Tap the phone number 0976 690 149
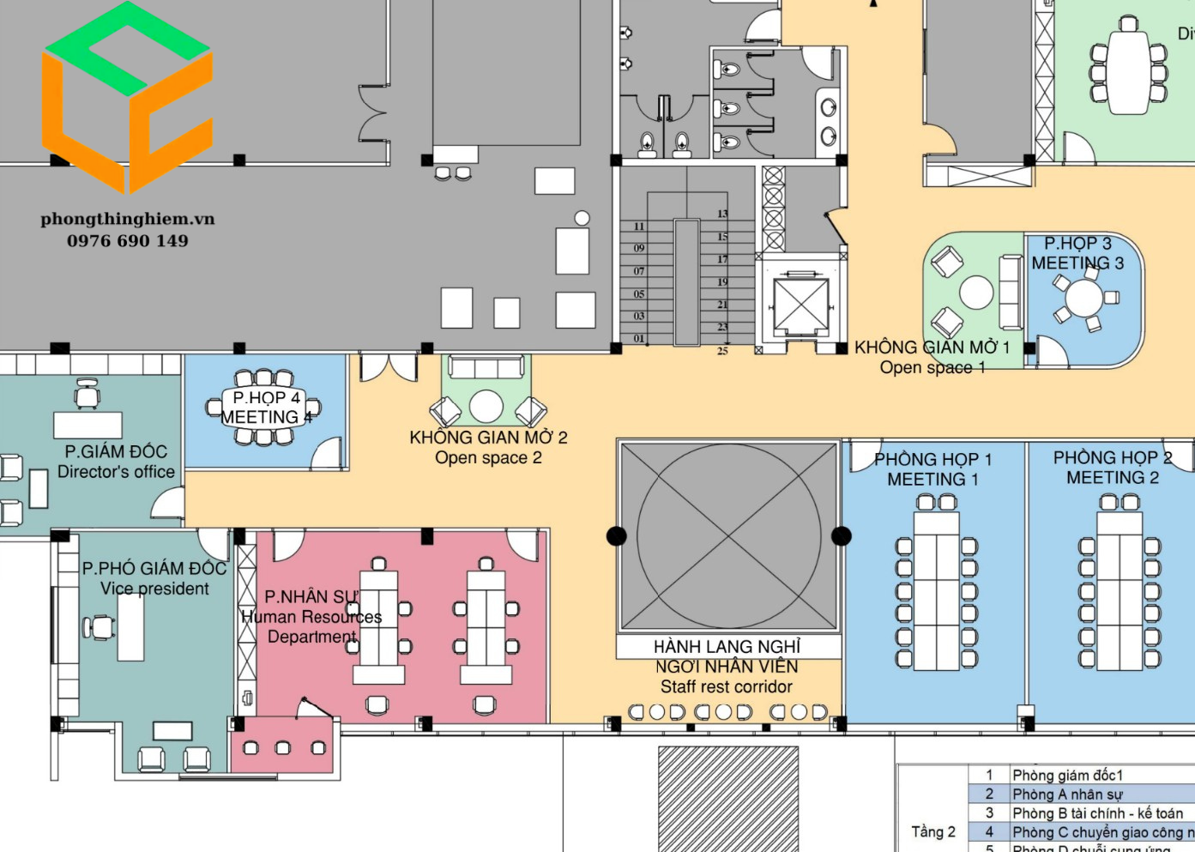128,241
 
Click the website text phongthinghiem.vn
128,219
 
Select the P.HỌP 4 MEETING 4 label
266,408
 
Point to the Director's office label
116,462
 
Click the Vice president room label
154,578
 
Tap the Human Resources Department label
311,617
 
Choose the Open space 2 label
488,447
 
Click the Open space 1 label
932,357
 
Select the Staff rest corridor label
727,667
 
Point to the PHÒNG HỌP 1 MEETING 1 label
932,469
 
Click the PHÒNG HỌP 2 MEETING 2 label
1112,468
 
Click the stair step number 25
722,351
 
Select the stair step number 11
639,227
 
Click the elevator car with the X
800,306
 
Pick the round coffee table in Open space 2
486,407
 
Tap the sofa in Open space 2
486,368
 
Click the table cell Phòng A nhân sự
1067,795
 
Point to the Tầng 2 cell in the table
933,831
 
